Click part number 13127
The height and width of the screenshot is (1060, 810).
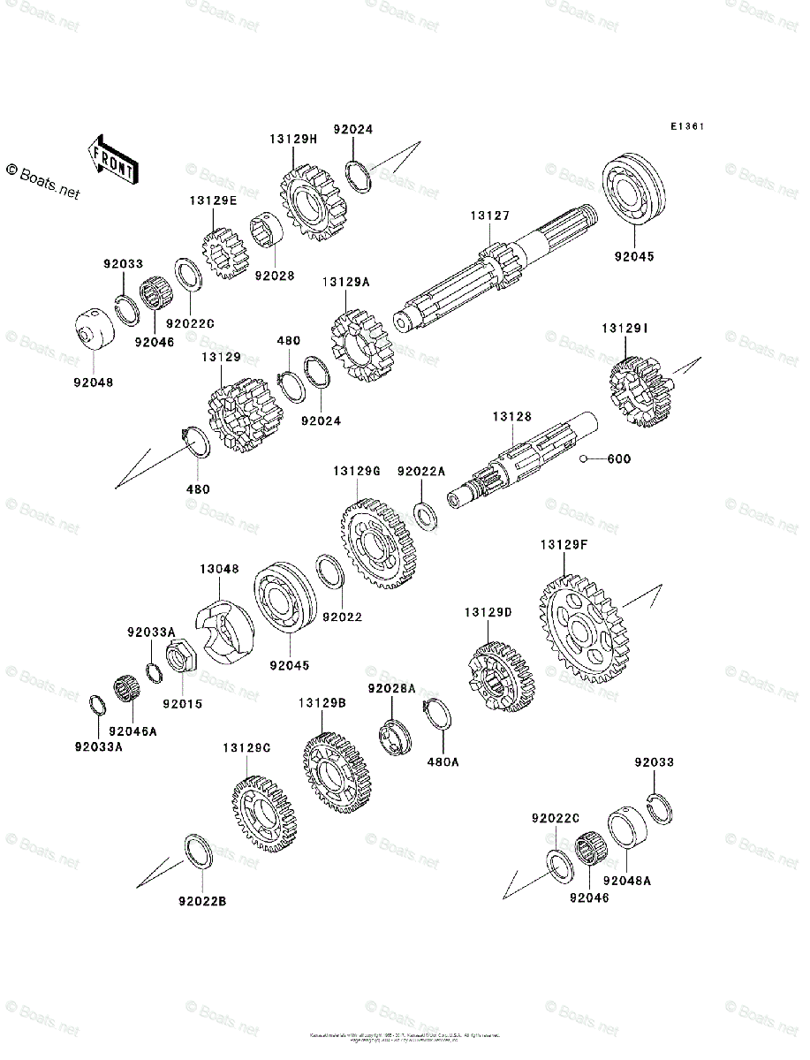[x=489, y=216]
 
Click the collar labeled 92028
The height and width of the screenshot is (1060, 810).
[x=265, y=236]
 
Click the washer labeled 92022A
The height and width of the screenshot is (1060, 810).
[x=426, y=514]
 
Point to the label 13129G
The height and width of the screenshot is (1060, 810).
[x=356, y=472]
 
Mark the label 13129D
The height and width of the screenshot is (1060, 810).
[x=488, y=612]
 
